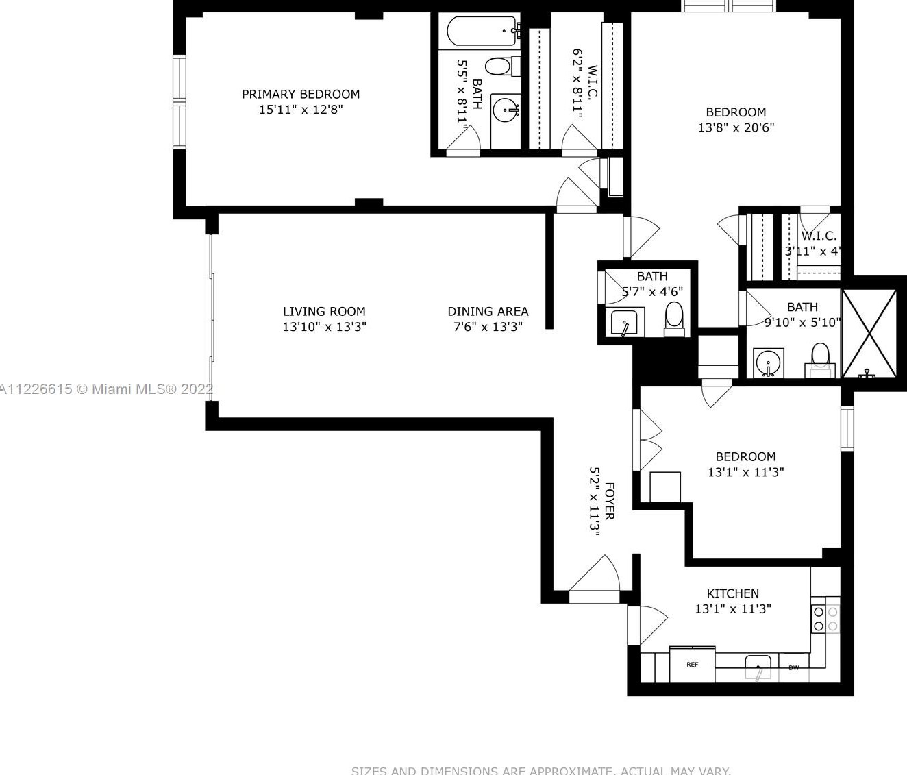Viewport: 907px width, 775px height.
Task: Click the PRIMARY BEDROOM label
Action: pyautogui.click(x=300, y=95)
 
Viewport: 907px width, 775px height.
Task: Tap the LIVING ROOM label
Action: pyautogui.click(x=324, y=312)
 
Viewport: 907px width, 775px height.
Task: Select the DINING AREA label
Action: pyautogui.click(x=488, y=312)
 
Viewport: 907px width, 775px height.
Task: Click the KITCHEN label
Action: pyautogui.click(x=732, y=593)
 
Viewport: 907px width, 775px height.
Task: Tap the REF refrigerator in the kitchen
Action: pyautogui.click(x=692, y=665)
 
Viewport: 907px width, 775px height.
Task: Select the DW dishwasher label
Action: pyautogui.click(x=793, y=668)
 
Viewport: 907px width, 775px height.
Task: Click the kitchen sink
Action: pyautogui.click(x=758, y=666)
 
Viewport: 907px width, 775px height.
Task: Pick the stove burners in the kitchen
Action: pyautogui.click(x=825, y=619)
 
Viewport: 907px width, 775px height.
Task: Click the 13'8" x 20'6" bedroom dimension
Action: pyautogui.click(x=736, y=127)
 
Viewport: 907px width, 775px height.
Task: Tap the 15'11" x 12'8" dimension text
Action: pyautogui.click(x=300, y=110)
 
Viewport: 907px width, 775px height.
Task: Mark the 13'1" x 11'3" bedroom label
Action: pyautogui.click(x=745, y=457)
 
